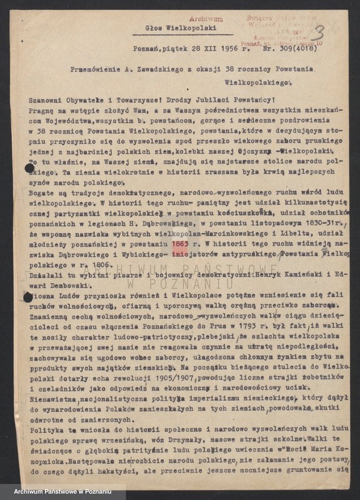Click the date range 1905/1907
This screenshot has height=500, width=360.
[176, 377]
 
